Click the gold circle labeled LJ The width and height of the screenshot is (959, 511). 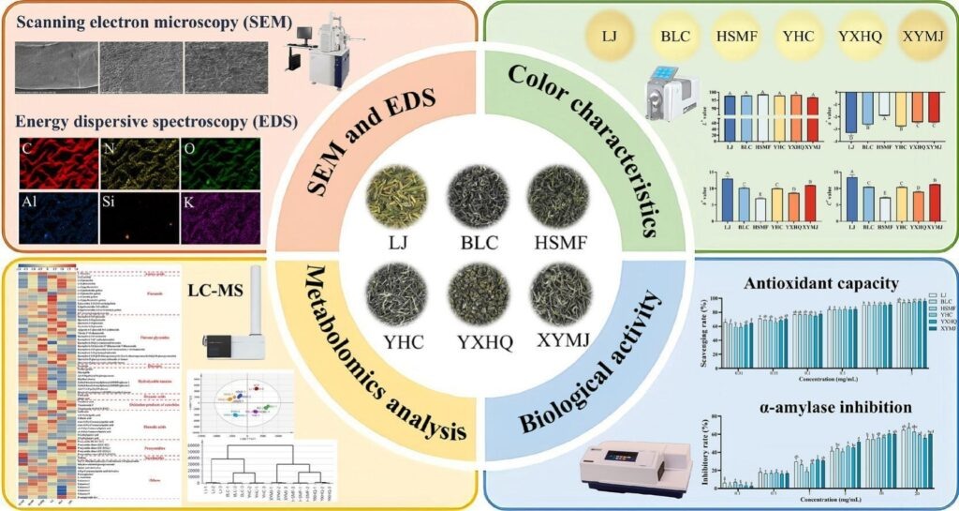tap(609, 37)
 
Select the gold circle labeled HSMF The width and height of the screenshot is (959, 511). tap(737, 37)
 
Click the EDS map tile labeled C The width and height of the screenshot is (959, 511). tap(58, 160)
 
